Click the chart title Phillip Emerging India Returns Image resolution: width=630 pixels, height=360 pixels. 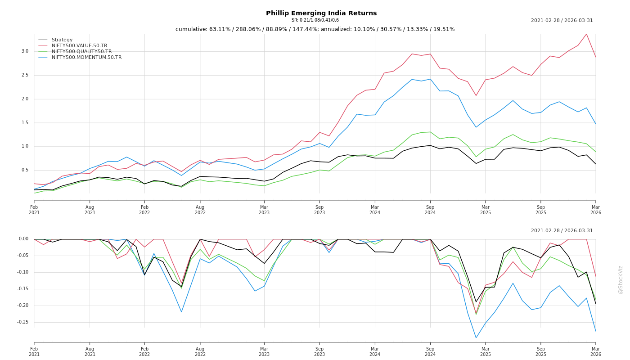321,13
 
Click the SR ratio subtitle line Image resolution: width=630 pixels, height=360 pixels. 315,20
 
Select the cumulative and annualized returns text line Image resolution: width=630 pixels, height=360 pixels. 315,29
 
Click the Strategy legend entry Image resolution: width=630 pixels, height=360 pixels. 62,40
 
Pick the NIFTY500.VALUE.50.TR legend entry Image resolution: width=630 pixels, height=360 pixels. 79,46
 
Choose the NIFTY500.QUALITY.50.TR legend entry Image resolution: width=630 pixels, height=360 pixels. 81,52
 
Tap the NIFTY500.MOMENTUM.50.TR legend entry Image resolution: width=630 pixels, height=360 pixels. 86,58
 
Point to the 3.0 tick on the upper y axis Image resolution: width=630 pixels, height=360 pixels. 25,51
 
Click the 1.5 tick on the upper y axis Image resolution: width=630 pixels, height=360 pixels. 25,123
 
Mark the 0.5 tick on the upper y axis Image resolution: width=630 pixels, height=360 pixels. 25,170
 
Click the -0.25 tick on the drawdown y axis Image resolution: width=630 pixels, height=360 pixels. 22,322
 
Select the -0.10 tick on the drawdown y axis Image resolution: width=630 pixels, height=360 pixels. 22,272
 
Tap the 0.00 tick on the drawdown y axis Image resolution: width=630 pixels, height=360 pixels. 23,239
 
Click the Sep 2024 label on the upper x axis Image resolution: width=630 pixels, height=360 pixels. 430,210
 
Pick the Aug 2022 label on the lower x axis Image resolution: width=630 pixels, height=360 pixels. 200,351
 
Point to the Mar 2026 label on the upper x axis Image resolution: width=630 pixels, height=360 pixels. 596,210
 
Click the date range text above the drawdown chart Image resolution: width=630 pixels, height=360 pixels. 562,231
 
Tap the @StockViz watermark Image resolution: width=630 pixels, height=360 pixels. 621,279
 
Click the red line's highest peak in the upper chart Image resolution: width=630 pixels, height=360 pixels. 586,34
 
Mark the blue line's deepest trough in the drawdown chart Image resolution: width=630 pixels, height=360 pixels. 476,337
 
